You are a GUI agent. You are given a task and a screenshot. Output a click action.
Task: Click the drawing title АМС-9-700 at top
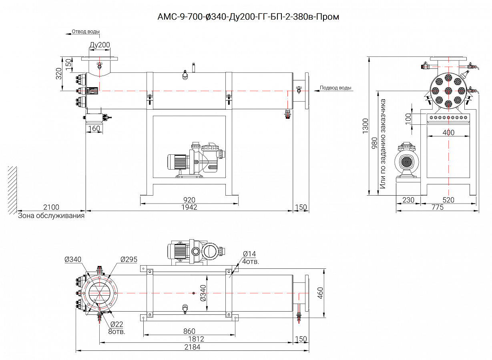pos(248,17)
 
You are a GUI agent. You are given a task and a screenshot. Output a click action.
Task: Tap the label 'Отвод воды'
pos(86,32)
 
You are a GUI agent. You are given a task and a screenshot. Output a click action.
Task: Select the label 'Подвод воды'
pos(335,88)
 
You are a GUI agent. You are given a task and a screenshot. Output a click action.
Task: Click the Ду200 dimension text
pos(100,45)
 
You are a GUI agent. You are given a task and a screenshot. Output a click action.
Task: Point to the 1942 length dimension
pos(189,207)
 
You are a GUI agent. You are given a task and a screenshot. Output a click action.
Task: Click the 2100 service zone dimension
pos(51,207)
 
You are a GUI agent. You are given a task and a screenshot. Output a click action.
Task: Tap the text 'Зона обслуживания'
pos(51,216)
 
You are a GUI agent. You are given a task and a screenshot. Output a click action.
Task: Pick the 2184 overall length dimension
pos(192,348)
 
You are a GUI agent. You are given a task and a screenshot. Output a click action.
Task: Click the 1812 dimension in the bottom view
pos(196,339)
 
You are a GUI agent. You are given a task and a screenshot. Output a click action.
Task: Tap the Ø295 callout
pos(129,260)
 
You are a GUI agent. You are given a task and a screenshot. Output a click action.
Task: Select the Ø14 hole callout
pos(249,254)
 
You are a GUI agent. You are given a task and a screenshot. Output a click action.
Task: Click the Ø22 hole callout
pos(116,324)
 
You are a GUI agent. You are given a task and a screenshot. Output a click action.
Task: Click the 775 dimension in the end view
pos(438,207)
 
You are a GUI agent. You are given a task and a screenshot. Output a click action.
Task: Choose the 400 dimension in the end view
pos(449,132)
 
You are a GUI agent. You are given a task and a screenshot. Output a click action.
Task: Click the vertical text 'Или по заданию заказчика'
pos(384,144)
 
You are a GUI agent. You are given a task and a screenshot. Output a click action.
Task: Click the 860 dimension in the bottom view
pos(189,331)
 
